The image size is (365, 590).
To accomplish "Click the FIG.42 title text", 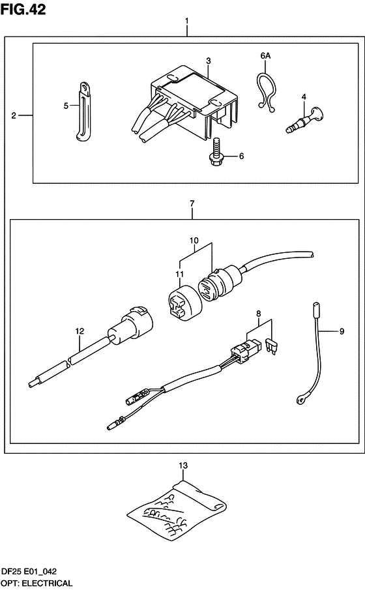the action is tap(23, 9).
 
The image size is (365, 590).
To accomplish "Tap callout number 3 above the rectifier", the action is tap(209, 61).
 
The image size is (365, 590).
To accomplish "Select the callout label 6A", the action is tap(265, 55).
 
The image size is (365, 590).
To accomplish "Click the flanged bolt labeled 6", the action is tap(216, 153).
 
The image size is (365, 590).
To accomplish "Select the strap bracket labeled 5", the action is tap(83, 111).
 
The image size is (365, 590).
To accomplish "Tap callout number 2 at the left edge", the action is tap(14, 115).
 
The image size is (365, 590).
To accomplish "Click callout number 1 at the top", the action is tap(187, 21).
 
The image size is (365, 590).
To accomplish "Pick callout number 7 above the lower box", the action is tap(192, 203).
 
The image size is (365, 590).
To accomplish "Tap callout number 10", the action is tap(194, 241).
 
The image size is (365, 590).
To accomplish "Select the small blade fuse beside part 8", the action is tap(271, 347).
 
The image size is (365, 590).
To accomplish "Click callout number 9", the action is tap(342, 331).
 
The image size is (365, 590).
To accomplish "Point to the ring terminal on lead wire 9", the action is tap(300, 400).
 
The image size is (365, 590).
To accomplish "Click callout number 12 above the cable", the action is tap(80, 331).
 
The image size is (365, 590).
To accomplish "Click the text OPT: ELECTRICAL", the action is tap(36, 583).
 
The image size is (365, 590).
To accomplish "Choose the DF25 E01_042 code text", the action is tap(29, 572).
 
